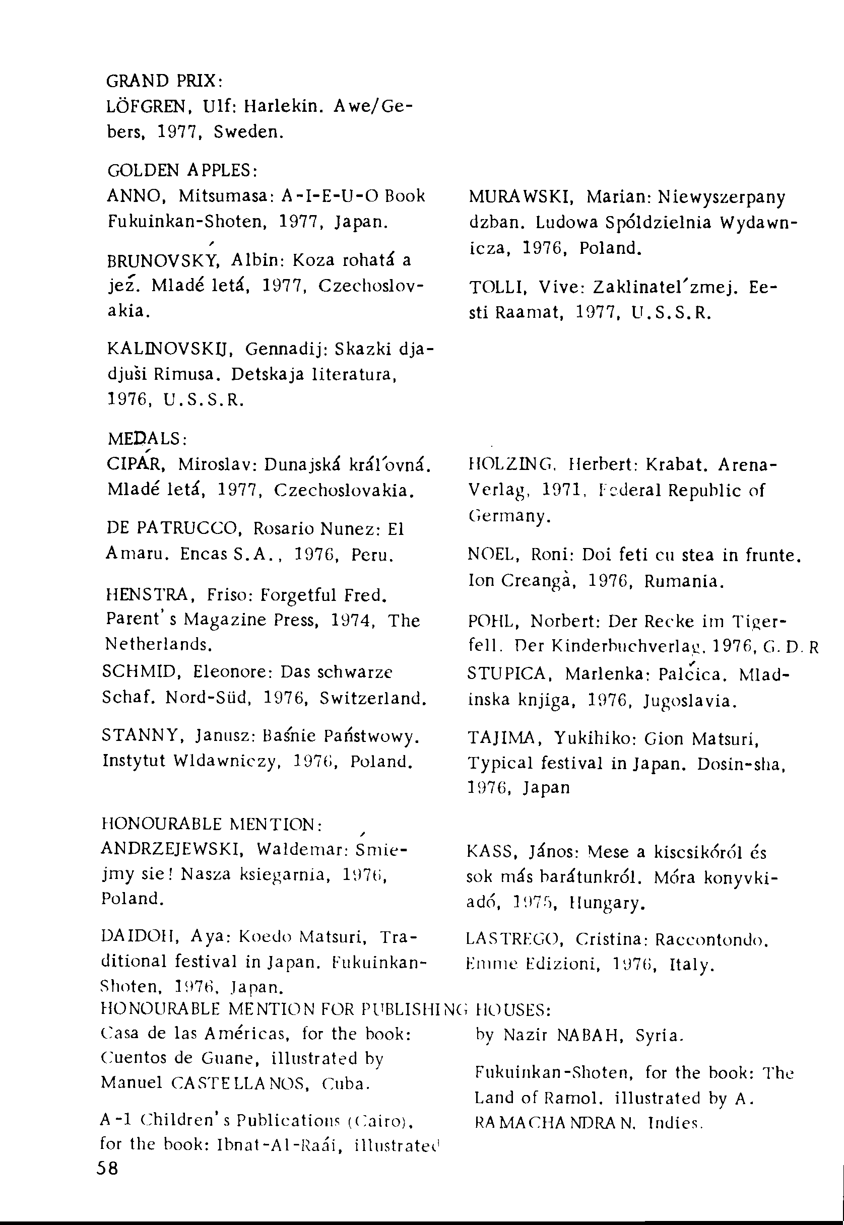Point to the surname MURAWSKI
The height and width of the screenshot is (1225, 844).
(x=518, y=197)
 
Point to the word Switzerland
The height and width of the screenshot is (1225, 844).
(x=373, y=699)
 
